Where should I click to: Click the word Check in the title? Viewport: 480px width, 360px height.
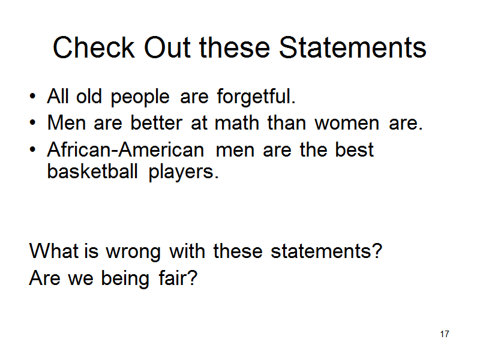click(x=94, y=47)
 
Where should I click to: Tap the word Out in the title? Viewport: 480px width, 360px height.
click(x=167, y=47)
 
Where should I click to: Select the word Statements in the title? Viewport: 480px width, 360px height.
click(x=353, y=47)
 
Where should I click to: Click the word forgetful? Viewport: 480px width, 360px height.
click(x=256, y=97)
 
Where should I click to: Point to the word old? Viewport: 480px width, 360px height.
click(x=89, y=96)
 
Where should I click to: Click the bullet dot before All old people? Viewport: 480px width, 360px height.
click(x=32, y=97)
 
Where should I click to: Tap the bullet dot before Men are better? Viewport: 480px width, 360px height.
click(x=32, y=123)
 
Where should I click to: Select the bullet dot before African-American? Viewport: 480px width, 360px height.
click(x=32, y=149)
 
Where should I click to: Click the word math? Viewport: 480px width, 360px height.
click(x=237, y=123)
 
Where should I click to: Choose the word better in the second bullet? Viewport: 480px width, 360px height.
click(x=157, y=123)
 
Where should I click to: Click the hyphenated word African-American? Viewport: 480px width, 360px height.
click(x=125, y=149)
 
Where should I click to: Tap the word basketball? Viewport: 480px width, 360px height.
click(x=92, y=171)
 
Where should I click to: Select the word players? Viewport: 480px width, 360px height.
click(x=184, y=172)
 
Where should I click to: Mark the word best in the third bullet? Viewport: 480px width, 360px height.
click(x=354, y=149)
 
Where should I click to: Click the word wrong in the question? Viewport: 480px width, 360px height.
click(x=133, y=253)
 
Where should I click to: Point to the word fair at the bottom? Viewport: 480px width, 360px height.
click(x=178, y=278)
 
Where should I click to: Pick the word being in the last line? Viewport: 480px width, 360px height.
click(x=125, y=279)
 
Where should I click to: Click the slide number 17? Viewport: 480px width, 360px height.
click(x=445, y=334)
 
